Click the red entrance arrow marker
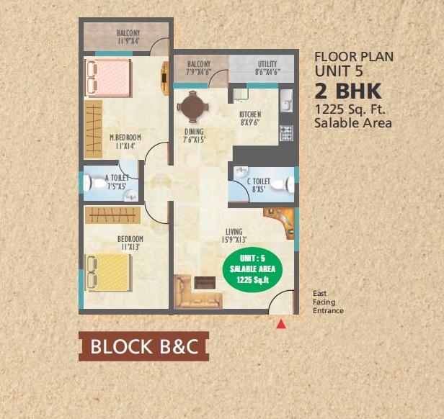[x=281, y=325]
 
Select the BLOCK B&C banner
[x=144, y=346]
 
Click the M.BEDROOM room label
[x=125, y=138]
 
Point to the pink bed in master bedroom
[x=109, y=77]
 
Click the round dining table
[x=193, y=109]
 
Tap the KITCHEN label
[x=250, y=114]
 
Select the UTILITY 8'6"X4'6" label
[x=267, y=68]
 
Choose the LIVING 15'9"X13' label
[x=234, y=235]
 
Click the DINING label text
[x=194, y=132]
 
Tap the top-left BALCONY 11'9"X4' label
[x=128, y=37]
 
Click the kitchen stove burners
[x=286, y=132]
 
